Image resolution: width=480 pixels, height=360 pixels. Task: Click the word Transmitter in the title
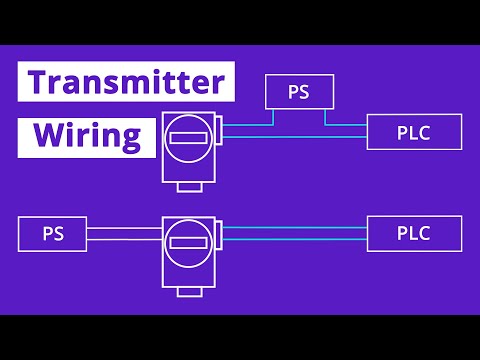tap(126, 82)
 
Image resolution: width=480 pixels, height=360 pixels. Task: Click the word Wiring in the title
tap(88, 136)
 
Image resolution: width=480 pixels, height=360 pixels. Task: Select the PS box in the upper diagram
tap(298, 93)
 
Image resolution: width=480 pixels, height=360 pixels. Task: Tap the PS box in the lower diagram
tap(53, 234)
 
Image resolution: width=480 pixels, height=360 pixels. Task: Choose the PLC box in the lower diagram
tap(414, 234)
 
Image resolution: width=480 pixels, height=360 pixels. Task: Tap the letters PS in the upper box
tap(298, 93)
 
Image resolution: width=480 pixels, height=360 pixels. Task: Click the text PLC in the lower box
tap(414, 234)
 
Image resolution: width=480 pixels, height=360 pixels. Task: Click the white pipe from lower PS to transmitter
tap(123, 234)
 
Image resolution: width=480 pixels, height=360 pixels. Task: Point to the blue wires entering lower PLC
tap(300, 234)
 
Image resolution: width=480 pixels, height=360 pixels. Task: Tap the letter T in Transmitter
tap(37, 82)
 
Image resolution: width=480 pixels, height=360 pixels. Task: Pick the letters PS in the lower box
tap(53, 234)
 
